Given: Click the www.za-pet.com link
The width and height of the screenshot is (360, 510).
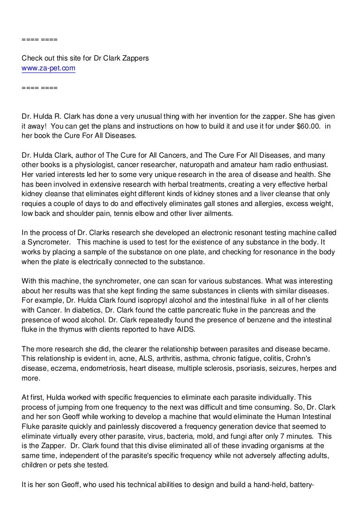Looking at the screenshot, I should tap(49, 68).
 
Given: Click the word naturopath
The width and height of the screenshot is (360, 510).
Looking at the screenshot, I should tap(211, 165).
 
